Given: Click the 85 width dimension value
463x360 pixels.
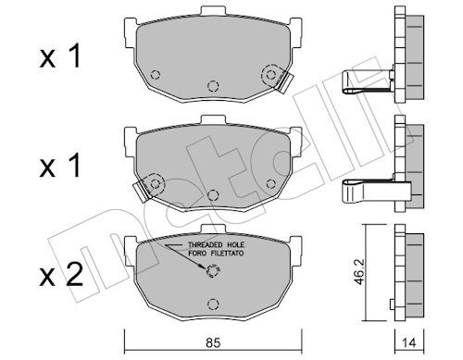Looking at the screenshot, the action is pyautogui.click(x=213, y=343).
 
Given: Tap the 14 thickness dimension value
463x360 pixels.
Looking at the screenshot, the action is pyautogui.click(x=409, y=343).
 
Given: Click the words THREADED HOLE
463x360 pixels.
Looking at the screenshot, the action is pyautogui.click(x=216, y=245).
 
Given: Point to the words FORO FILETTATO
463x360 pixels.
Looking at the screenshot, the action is pyautogui.click(x=216, y=254).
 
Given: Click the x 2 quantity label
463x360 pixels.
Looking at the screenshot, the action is pyautogui.click(x=61, y=275).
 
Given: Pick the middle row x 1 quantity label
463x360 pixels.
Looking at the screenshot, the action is pyautogui.click(x=60, y=166).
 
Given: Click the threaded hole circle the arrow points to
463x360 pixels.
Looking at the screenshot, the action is pyautogui.click(x=213, y=271).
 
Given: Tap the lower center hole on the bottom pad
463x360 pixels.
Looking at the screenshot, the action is pyautogui.click(x=213, y=304).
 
